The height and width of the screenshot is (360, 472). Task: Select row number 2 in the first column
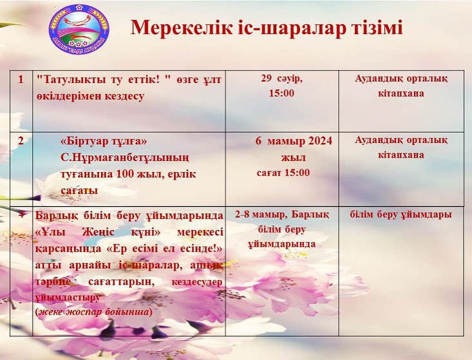point(21,140)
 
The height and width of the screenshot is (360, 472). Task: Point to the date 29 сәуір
point(281,78)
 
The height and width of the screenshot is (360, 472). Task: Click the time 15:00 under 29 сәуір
point(281,93)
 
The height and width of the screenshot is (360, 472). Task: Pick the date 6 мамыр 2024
point(294,141)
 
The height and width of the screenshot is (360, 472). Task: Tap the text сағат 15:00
point(283,173)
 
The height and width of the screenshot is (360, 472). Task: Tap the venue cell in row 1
point(401,86)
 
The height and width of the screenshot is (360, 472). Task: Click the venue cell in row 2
point(401,147)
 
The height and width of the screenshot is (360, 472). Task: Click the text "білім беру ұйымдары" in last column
point(401,214)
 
